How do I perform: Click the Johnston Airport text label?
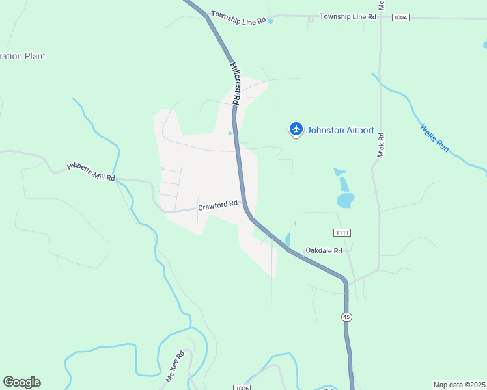point(340,130)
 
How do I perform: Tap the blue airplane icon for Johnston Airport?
point(296,129)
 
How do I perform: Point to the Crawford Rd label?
point(217,205)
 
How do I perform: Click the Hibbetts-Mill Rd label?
point(90,172)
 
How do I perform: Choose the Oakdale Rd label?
point(324,250)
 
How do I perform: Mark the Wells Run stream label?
point(434,138)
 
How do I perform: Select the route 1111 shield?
point(342,233)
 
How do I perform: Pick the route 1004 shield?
point(400,18)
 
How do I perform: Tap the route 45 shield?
point(346,317)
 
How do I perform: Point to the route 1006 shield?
point(241,387)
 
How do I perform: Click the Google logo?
point(21,382)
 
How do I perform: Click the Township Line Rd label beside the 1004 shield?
point(348,16)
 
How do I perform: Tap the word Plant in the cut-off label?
point(35,56)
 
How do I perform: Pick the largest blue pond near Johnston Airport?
point(345,200)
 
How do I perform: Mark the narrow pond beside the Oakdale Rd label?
point(288,240)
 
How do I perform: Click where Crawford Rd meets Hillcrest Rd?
point(245,202)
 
